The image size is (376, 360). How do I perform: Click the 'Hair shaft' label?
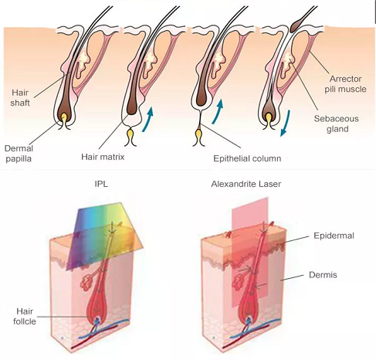tap(20, 97)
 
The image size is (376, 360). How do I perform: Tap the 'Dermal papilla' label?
tap(19, 154)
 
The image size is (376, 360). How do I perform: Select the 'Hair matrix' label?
tap(103, 157)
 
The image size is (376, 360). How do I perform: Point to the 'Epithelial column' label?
tap(247, 158)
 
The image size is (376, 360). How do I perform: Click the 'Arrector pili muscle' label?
tap(345, 84)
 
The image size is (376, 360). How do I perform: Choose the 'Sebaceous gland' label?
tap(336, 124)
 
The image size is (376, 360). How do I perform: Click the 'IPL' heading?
tap(101, 184)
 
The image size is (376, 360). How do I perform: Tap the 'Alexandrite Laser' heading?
tap(246, 184)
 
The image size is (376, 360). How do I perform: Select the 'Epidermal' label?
tap(334, 236)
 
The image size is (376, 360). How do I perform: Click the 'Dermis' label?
tap(323, 275)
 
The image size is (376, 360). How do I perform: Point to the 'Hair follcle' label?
tap(25, 316)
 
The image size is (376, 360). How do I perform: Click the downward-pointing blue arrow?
tap(285, 123)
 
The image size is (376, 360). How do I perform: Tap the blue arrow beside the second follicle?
tap(148, 119)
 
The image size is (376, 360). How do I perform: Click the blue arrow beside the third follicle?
tap(218, 111)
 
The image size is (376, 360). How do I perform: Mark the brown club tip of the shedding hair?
tap(296, 25)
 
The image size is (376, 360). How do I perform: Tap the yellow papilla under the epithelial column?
tap(198, 133)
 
